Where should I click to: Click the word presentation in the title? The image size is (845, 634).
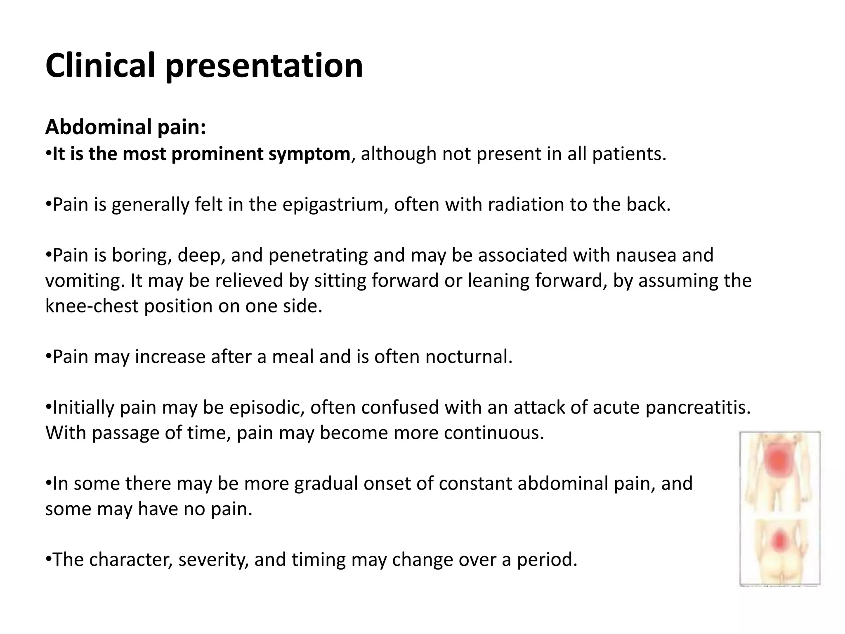pos(264,66)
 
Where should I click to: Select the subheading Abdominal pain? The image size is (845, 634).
pos(125,127)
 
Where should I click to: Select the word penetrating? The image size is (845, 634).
pos(318,255)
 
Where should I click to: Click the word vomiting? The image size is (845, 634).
pos(84,281)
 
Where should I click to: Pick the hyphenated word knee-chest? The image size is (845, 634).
pos(92,306)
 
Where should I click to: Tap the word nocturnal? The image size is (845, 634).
pos(469,357)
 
